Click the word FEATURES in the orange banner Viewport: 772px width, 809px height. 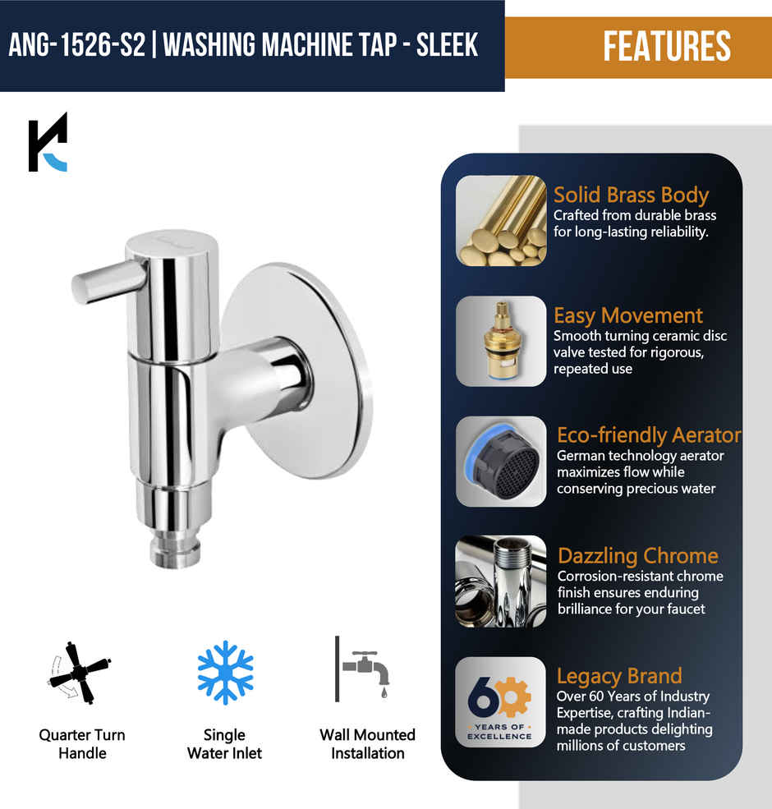[666, 47]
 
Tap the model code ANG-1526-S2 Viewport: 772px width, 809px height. [76, 44]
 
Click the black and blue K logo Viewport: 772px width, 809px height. [48, 143]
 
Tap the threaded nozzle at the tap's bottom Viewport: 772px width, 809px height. [174, 549]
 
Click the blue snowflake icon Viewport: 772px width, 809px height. [225, 673]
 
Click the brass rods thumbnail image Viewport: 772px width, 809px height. [501, 220]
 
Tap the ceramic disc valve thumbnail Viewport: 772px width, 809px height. [501, 342]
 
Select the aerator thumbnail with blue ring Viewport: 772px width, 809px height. [501, 462]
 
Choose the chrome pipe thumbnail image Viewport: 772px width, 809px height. [501, 581]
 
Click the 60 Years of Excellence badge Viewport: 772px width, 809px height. [501, 701]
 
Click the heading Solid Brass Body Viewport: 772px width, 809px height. [631, 195]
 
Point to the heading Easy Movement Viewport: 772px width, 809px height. [628, 315]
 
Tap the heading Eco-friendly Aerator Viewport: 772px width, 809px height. [649, 435]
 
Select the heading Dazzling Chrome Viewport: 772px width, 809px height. [638, 555]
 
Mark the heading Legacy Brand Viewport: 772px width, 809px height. [619, 676]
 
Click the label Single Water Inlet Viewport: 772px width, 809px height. [224, 743]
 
